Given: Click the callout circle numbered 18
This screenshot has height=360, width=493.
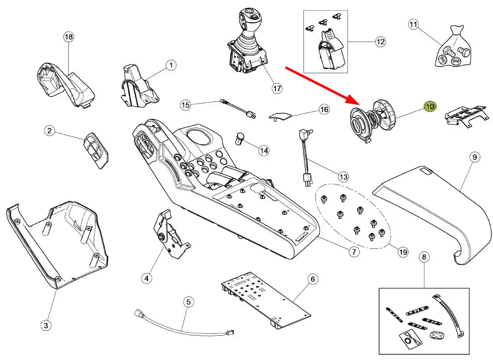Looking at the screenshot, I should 69,37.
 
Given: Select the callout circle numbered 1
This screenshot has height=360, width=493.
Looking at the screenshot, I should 171,65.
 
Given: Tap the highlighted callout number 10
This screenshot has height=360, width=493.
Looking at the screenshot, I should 430,106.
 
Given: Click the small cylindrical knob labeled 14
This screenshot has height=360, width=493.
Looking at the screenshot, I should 240,138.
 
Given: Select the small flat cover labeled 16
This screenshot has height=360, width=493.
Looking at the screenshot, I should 281,115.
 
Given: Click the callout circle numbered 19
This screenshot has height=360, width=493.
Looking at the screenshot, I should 403,252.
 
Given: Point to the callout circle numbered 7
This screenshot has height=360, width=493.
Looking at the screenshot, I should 353,252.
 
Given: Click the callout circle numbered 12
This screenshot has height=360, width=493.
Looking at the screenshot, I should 380,42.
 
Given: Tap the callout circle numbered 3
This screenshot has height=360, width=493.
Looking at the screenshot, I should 46,325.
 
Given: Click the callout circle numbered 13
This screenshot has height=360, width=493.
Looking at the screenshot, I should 343,177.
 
